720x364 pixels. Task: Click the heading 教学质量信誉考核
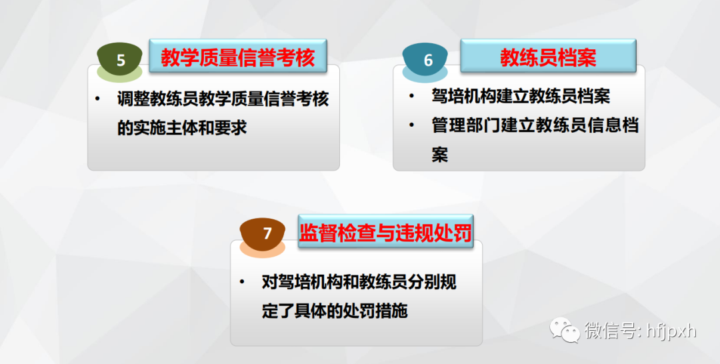coord(238,58)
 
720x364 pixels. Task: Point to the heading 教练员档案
coord(548,58)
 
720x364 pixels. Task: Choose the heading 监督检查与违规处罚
coord(385,233)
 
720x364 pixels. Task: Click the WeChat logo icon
coord(565,330)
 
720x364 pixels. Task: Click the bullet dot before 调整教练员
coord(98,99)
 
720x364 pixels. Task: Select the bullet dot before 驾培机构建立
coord(412,96)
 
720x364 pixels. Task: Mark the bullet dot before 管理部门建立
coord(412,125)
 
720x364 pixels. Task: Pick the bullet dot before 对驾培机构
coord(242,282)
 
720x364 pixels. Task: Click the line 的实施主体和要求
coord(182,127)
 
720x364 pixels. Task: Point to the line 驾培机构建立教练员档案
coord(521,96)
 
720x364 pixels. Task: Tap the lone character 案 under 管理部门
coord(439,154)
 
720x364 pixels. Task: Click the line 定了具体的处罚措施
coord(335,311)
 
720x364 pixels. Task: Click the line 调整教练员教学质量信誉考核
coord(223,99)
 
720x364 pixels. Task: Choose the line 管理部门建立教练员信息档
coord(535,125)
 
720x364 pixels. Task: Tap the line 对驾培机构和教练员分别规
coord(359,282)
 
